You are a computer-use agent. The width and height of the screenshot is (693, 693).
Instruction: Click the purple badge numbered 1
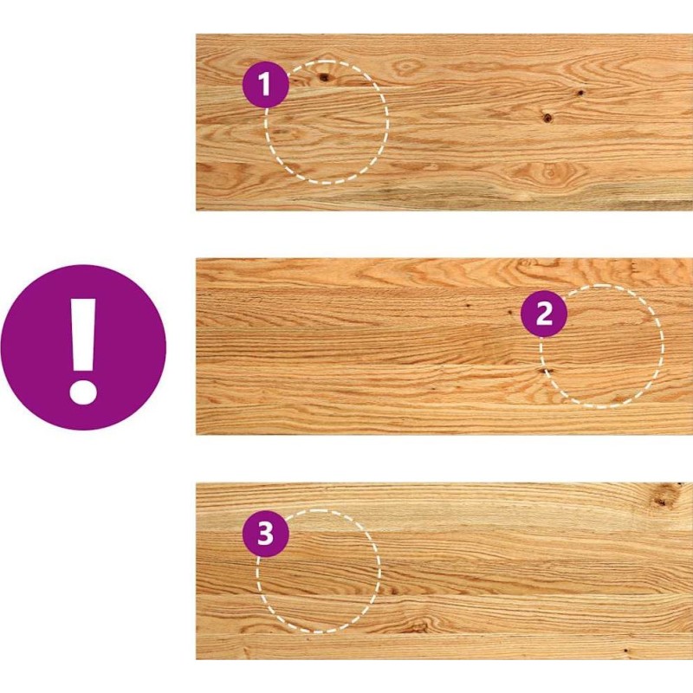[x=266, y=84]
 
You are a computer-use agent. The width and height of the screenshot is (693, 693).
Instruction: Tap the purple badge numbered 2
[x=544, y=314]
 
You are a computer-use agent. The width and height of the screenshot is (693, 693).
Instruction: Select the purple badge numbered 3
[x=266, y=534]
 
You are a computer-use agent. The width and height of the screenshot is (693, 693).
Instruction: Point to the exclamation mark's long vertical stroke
[x=83, y=334]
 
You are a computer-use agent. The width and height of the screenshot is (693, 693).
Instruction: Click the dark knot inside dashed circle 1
[x=325, y=78]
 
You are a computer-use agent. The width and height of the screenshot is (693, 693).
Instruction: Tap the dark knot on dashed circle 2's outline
[x=545, y=372]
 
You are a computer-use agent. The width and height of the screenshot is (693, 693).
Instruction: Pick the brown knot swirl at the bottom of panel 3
[x=418, y=625]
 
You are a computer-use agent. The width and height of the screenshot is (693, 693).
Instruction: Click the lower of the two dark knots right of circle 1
[x=547, y=118]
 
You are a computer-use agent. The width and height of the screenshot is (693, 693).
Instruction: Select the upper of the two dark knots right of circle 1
[x=580, y=93]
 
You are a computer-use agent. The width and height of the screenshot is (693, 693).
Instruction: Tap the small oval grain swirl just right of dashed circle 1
[x=406, y=68]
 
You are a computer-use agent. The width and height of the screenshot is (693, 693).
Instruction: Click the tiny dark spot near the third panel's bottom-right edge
[x=625, y=651]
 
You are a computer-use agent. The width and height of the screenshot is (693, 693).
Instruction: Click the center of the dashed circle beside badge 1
[x=327, y=122]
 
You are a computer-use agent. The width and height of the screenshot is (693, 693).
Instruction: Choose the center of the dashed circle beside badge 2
[x=601, y=346]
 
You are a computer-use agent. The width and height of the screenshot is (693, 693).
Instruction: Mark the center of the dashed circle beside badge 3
[x=318, y=571]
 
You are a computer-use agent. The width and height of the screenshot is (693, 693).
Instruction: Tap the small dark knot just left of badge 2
[x=510, y=313]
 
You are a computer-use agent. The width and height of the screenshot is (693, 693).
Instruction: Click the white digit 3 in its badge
[x=266, y=534]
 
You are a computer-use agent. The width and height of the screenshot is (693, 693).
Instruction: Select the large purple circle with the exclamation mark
[x=83, y=347]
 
